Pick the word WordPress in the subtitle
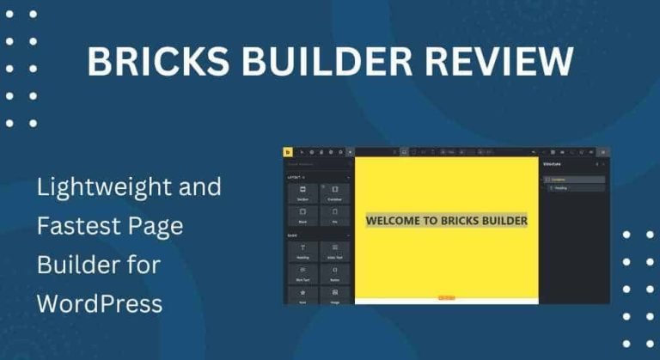99,303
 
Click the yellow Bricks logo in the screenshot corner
288,151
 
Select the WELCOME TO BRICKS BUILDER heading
446,220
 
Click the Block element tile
302,215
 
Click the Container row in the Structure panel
574,180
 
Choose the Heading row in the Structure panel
574,187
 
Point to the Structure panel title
552,163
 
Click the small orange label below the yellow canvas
446,297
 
